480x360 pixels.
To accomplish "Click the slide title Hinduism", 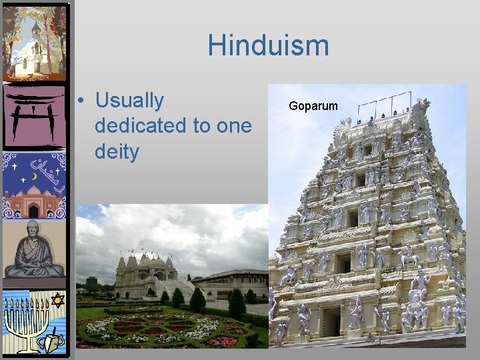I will pyautogui.click(x=268, y=46).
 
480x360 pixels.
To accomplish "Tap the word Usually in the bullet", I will pyautogui.click(x=129, y=101).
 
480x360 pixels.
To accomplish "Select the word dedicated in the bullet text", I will pyautogui.click(x=141, y=126).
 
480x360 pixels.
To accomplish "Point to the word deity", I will pyautogui.click(x=117, y=152).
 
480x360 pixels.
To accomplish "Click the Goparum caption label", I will pyautogui.click(x=313, y=106).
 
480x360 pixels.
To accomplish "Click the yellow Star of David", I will pyautogui.click(x=57, y=301).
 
